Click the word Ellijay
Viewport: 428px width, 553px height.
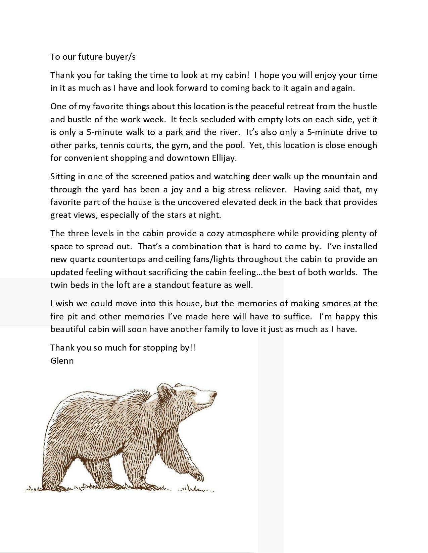[224, 158]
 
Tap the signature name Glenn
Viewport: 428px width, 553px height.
[62, 361]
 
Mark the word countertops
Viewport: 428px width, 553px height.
[115, 259]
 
